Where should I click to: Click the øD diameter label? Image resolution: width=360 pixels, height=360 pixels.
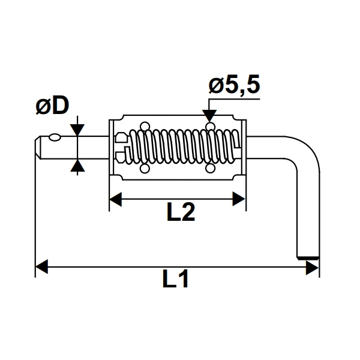tap(52, 107)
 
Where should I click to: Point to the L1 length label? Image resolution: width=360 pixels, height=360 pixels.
tap(175, 280)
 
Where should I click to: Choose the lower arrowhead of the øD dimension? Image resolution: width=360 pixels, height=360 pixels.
tap(77, 165)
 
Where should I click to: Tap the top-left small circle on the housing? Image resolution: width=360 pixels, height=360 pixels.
tap(144, 126)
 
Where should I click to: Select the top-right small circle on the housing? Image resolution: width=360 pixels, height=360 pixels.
tap(209, 126)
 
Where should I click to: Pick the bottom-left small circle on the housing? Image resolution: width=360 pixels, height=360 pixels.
tap(144, 169)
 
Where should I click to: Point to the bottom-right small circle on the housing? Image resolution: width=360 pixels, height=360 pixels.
tap(209, 169)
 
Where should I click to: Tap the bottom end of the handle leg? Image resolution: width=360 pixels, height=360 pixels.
tap(308, 257)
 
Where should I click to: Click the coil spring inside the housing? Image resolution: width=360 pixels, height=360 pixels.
tap(180, 148)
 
